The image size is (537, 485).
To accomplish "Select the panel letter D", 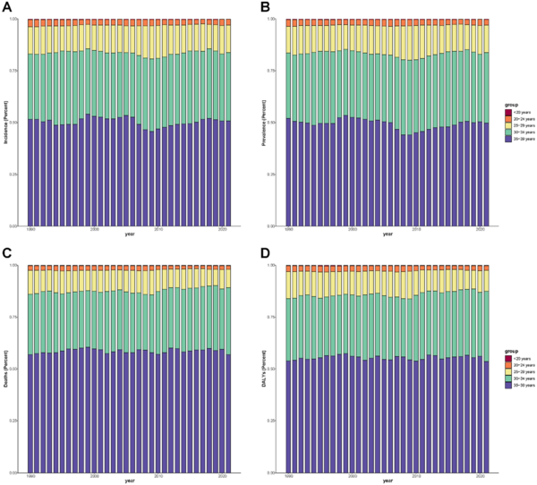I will (265, 254).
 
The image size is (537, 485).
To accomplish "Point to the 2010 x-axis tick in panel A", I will (159, 229).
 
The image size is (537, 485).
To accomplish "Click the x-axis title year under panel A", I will (130, 235).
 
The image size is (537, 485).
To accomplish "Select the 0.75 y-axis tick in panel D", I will (279, 317).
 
